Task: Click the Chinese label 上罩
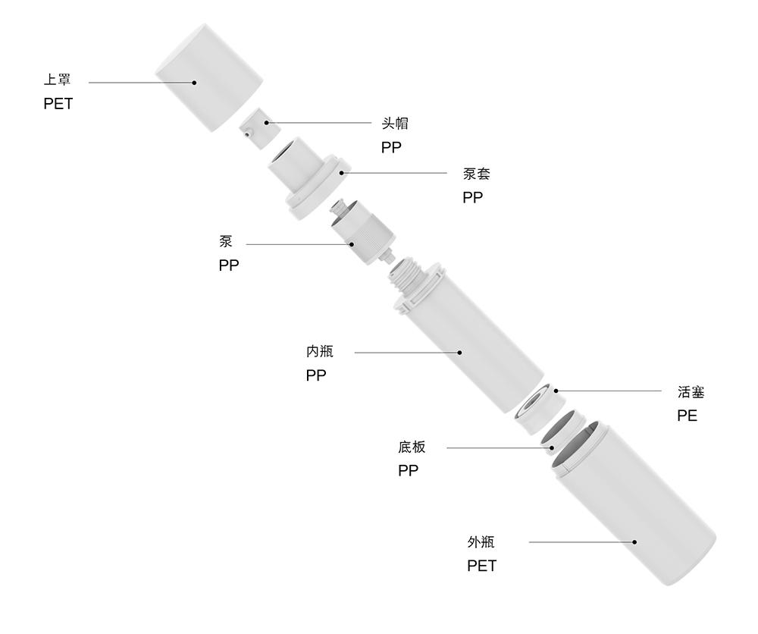pyautogui.click(x=58, y=80)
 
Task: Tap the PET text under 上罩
pyautogui.click(x=58, y=104)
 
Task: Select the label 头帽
pyautogui.click(x=395, y=124)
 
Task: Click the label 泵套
pyautogui.click(x=477, y=174)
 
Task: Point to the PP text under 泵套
pyautogui.click(x=472, y=198)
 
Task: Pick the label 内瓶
pyautogui.click(x=319, y=352)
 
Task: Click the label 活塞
pyautogui.click(x=691, y=392)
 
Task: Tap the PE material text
pyautogui.click(x=687, y=416)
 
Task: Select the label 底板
pyautogui.click(x=412, y=447)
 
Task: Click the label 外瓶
pyautogui.click(x=481, y=542)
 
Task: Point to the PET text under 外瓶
pyautogui.click(x=481, y=567)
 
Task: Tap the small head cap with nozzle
pyautogui.click(x=255, y=125)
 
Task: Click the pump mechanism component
pyautogui.click(x=359, y=231)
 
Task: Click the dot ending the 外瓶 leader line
pyautogui.click(x=635, y=542)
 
